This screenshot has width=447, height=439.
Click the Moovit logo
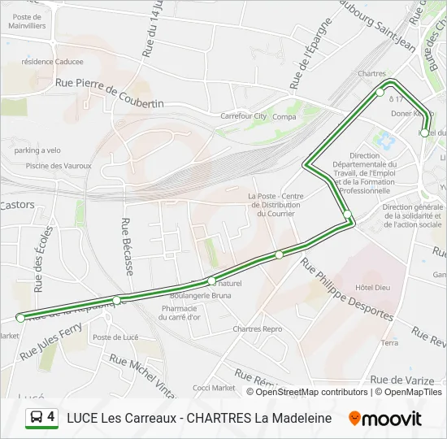tap(385, 419)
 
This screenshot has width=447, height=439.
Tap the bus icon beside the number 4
tap(36, 419)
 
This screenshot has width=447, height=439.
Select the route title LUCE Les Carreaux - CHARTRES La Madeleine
tap(199, 419)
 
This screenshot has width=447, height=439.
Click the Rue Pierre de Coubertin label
tap(109, 93)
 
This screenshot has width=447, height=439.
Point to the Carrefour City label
tap(243, 116)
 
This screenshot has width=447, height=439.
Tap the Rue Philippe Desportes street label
tap(347, 290)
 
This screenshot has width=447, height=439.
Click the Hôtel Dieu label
tap(373, 288)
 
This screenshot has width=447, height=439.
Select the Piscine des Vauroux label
tap(48, 166)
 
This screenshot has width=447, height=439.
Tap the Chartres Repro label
tap(257, 329)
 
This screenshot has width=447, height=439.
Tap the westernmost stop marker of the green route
tap(20, 317)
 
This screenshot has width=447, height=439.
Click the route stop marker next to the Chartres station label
tap(380, 93)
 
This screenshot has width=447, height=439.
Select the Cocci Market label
tap(214, 388)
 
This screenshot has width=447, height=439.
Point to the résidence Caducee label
tap(52, 61)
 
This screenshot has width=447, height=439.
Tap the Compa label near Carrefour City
tap(284, 116)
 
